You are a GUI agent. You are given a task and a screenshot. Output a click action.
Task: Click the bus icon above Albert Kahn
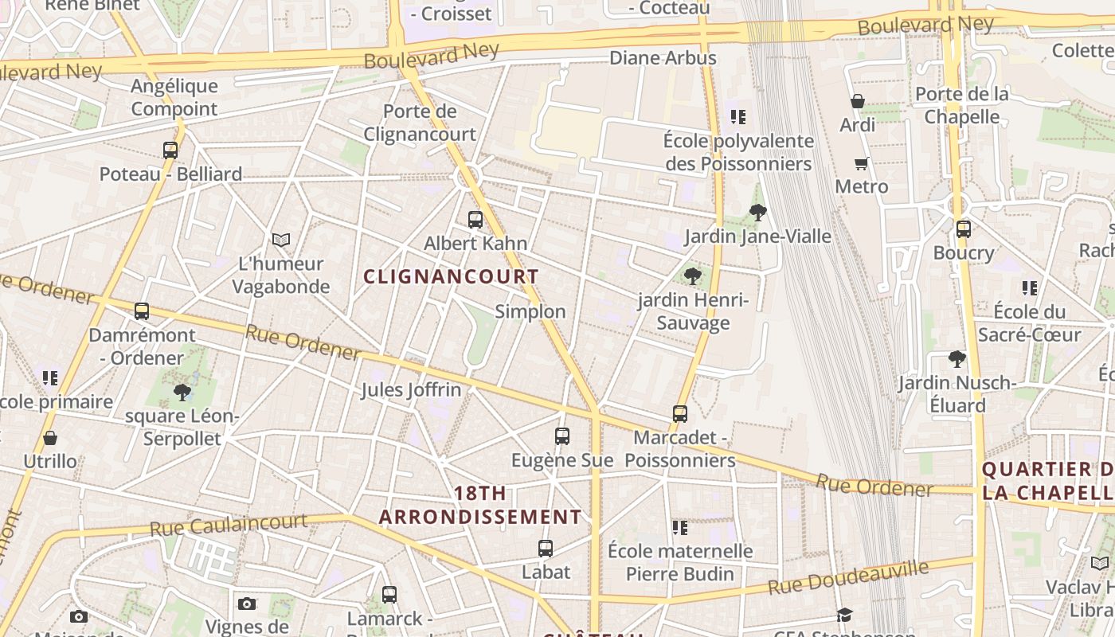pos(475,219)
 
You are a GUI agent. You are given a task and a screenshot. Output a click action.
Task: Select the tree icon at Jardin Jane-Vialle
pos(758,212)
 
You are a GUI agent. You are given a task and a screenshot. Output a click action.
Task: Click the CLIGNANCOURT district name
pos(451,276)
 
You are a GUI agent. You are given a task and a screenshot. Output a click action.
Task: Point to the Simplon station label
pos(530,311)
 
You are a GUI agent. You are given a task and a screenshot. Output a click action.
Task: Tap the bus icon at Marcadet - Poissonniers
pos(680,413)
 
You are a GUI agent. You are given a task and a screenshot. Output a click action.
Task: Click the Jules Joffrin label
pos(411,389)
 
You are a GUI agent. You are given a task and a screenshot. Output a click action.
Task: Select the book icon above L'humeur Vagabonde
pos(281,239)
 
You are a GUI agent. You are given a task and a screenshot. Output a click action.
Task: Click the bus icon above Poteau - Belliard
pos(170,150)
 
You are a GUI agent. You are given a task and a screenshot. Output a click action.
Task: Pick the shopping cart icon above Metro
pos(861,163)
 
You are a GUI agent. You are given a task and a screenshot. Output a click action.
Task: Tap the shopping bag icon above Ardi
pos(858,101)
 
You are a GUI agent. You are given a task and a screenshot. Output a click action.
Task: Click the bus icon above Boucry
pos(964,229)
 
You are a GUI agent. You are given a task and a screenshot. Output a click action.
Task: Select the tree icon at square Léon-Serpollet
pos(182,392)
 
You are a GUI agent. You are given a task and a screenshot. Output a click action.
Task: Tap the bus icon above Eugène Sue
pos(562,436)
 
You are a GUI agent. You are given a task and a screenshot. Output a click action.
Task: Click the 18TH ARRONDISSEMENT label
pos(480,505)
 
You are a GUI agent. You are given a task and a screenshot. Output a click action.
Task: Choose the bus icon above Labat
pos(546,548)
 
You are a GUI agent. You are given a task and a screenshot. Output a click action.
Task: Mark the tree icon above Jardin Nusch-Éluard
pos(957,359)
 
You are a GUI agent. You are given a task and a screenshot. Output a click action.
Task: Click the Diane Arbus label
pos(663,58)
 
